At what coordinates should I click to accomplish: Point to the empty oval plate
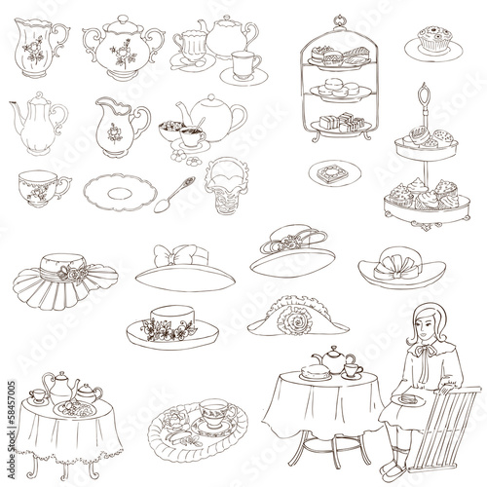click(x=116, y=189)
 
